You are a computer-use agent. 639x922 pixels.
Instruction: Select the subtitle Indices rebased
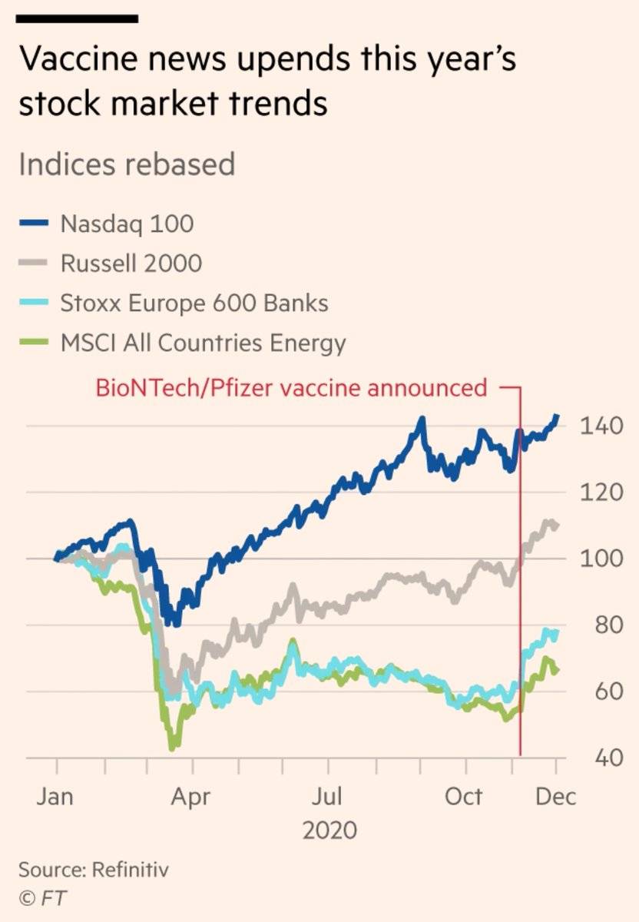tap(126, 164)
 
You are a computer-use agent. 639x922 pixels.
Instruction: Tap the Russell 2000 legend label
tap(131, 264)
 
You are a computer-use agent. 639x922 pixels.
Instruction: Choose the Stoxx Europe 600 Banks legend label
tap(194, 303)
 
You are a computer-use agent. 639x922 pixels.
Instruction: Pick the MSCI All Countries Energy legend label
tap(204, 343)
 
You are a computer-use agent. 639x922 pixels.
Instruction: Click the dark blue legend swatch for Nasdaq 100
tap(35, 224)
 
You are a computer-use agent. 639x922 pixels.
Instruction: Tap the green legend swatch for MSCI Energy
tap(35, 343)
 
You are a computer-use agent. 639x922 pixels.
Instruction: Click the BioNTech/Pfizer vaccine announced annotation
tap(291, 387)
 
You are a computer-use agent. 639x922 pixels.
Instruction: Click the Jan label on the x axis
tap(55, 795)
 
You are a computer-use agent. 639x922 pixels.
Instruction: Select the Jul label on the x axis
tap(329, 795)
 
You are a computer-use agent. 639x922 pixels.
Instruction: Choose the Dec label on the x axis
tap(555, 795)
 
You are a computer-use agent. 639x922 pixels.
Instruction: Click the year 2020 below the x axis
tap(330, 830)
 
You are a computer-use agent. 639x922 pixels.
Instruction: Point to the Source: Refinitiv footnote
tap(93, 871)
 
